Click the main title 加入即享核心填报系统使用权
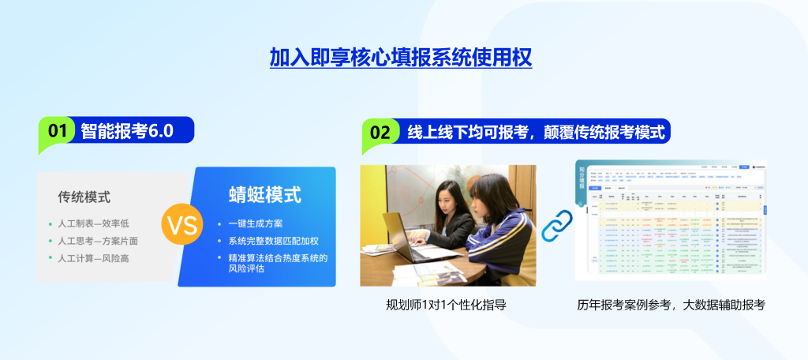[401, 58]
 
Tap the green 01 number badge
[57, 131]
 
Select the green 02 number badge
[380, 132]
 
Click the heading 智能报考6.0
[126, 131]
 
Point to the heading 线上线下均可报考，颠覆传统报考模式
[533, 132]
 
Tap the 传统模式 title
[84, 197]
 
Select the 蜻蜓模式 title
[264, 194]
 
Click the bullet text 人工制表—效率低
[93, 223]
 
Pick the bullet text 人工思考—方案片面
[98, 241]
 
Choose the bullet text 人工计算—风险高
[93, 258]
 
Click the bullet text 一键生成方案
[255, 223]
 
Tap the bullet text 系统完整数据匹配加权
[273, 241]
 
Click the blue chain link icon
[555, 224]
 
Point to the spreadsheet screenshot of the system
[670, 220]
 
